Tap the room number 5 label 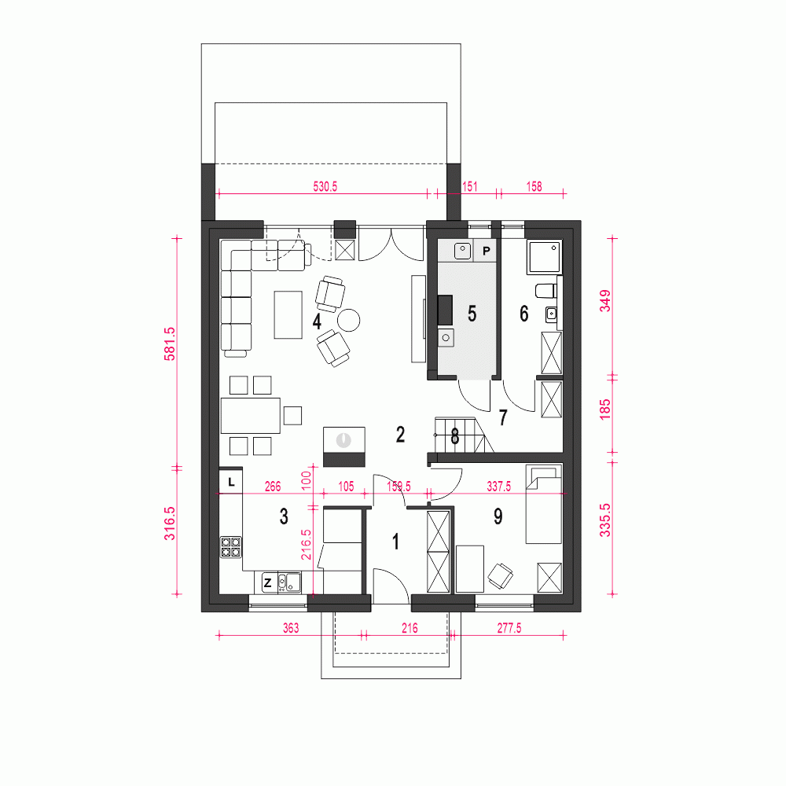coord(472,314)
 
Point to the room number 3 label coord(284,516)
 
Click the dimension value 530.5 coord(325,187)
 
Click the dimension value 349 coord(604,301)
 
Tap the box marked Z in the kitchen coord(267,582)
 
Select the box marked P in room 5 coord(487,251)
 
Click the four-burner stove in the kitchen coord(231,546)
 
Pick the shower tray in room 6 coord(544,255)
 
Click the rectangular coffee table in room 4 coord(288,314)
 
